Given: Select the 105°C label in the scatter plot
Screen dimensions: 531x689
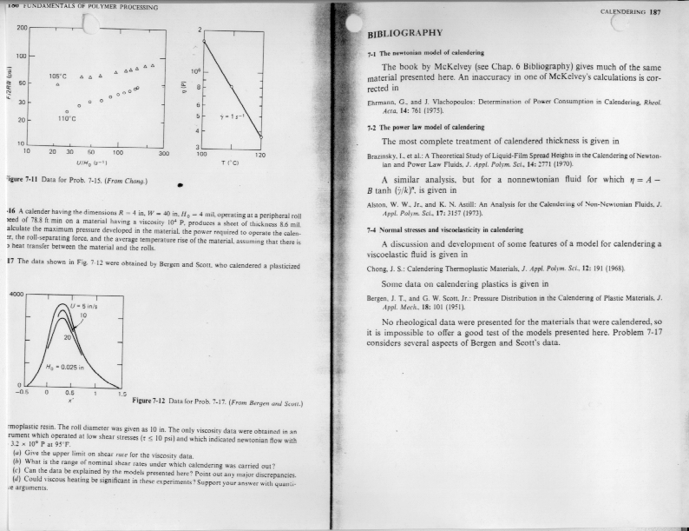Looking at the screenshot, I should click(59, 76).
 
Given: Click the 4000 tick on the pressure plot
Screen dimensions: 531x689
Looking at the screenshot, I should click(15, 294).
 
